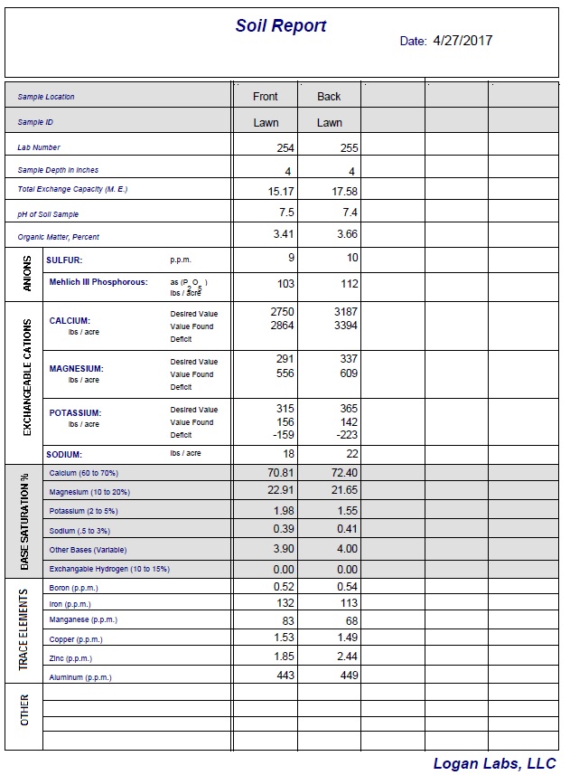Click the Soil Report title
click(281, 26)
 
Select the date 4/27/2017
click(463, 41)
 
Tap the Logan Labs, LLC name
click(494, 763)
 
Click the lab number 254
click(285, 147)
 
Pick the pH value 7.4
click(350, 213)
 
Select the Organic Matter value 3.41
click(284, 235)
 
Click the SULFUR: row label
click(64, 260)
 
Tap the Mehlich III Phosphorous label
click(98, 282)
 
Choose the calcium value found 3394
click(345, 326)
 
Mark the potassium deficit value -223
click(345, 434)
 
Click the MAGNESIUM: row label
click(76, 369)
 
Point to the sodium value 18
click(288, 453)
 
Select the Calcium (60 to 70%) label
click(84, 473)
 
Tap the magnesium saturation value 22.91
click(281, 490)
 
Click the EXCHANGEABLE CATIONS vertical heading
click(27, 375)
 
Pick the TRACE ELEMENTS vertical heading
click(24, 630)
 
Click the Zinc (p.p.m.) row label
click(70, 658)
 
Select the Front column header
click(266, 97)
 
